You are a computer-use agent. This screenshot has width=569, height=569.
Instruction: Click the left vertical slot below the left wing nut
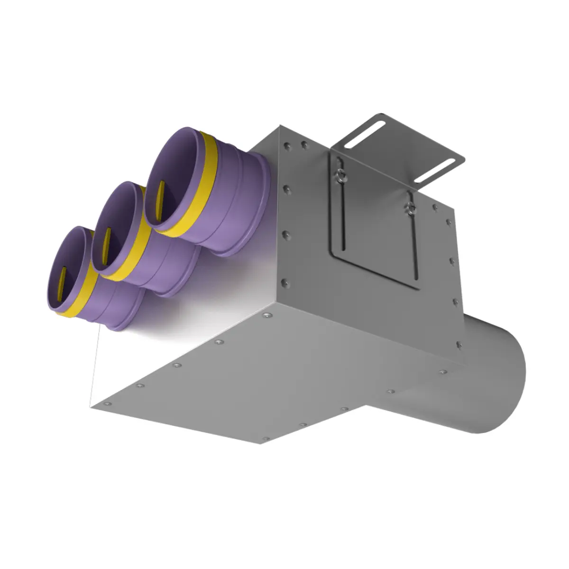(341, 218)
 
